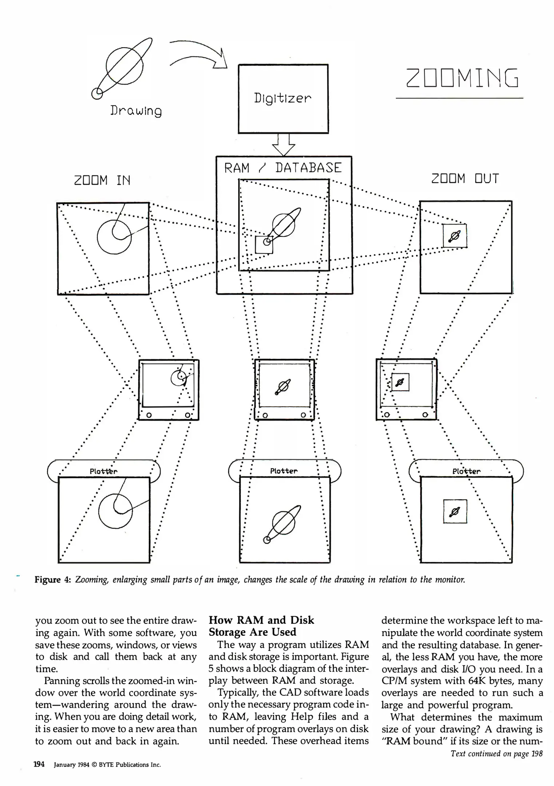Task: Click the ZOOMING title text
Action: coord(462,78)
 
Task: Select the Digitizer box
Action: coord(283,99)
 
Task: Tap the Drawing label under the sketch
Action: coord(136,111)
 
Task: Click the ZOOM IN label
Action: coord(102,180)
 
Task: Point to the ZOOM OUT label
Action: coord(465,179)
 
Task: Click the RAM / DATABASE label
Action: coord(283,168)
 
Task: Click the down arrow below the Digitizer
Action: coord(283,145)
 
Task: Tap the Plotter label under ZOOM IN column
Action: coord(104,471)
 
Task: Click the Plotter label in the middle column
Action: coord(284,471)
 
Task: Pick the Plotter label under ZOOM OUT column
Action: coord(466,471)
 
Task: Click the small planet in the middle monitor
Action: coord(283,386)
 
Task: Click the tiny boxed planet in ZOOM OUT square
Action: coord(455,236)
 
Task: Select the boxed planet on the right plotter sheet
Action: coord(455,511)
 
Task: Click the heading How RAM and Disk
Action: coord(261,620)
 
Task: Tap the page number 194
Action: coord(39,764)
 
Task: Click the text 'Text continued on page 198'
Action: coord(496,753)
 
